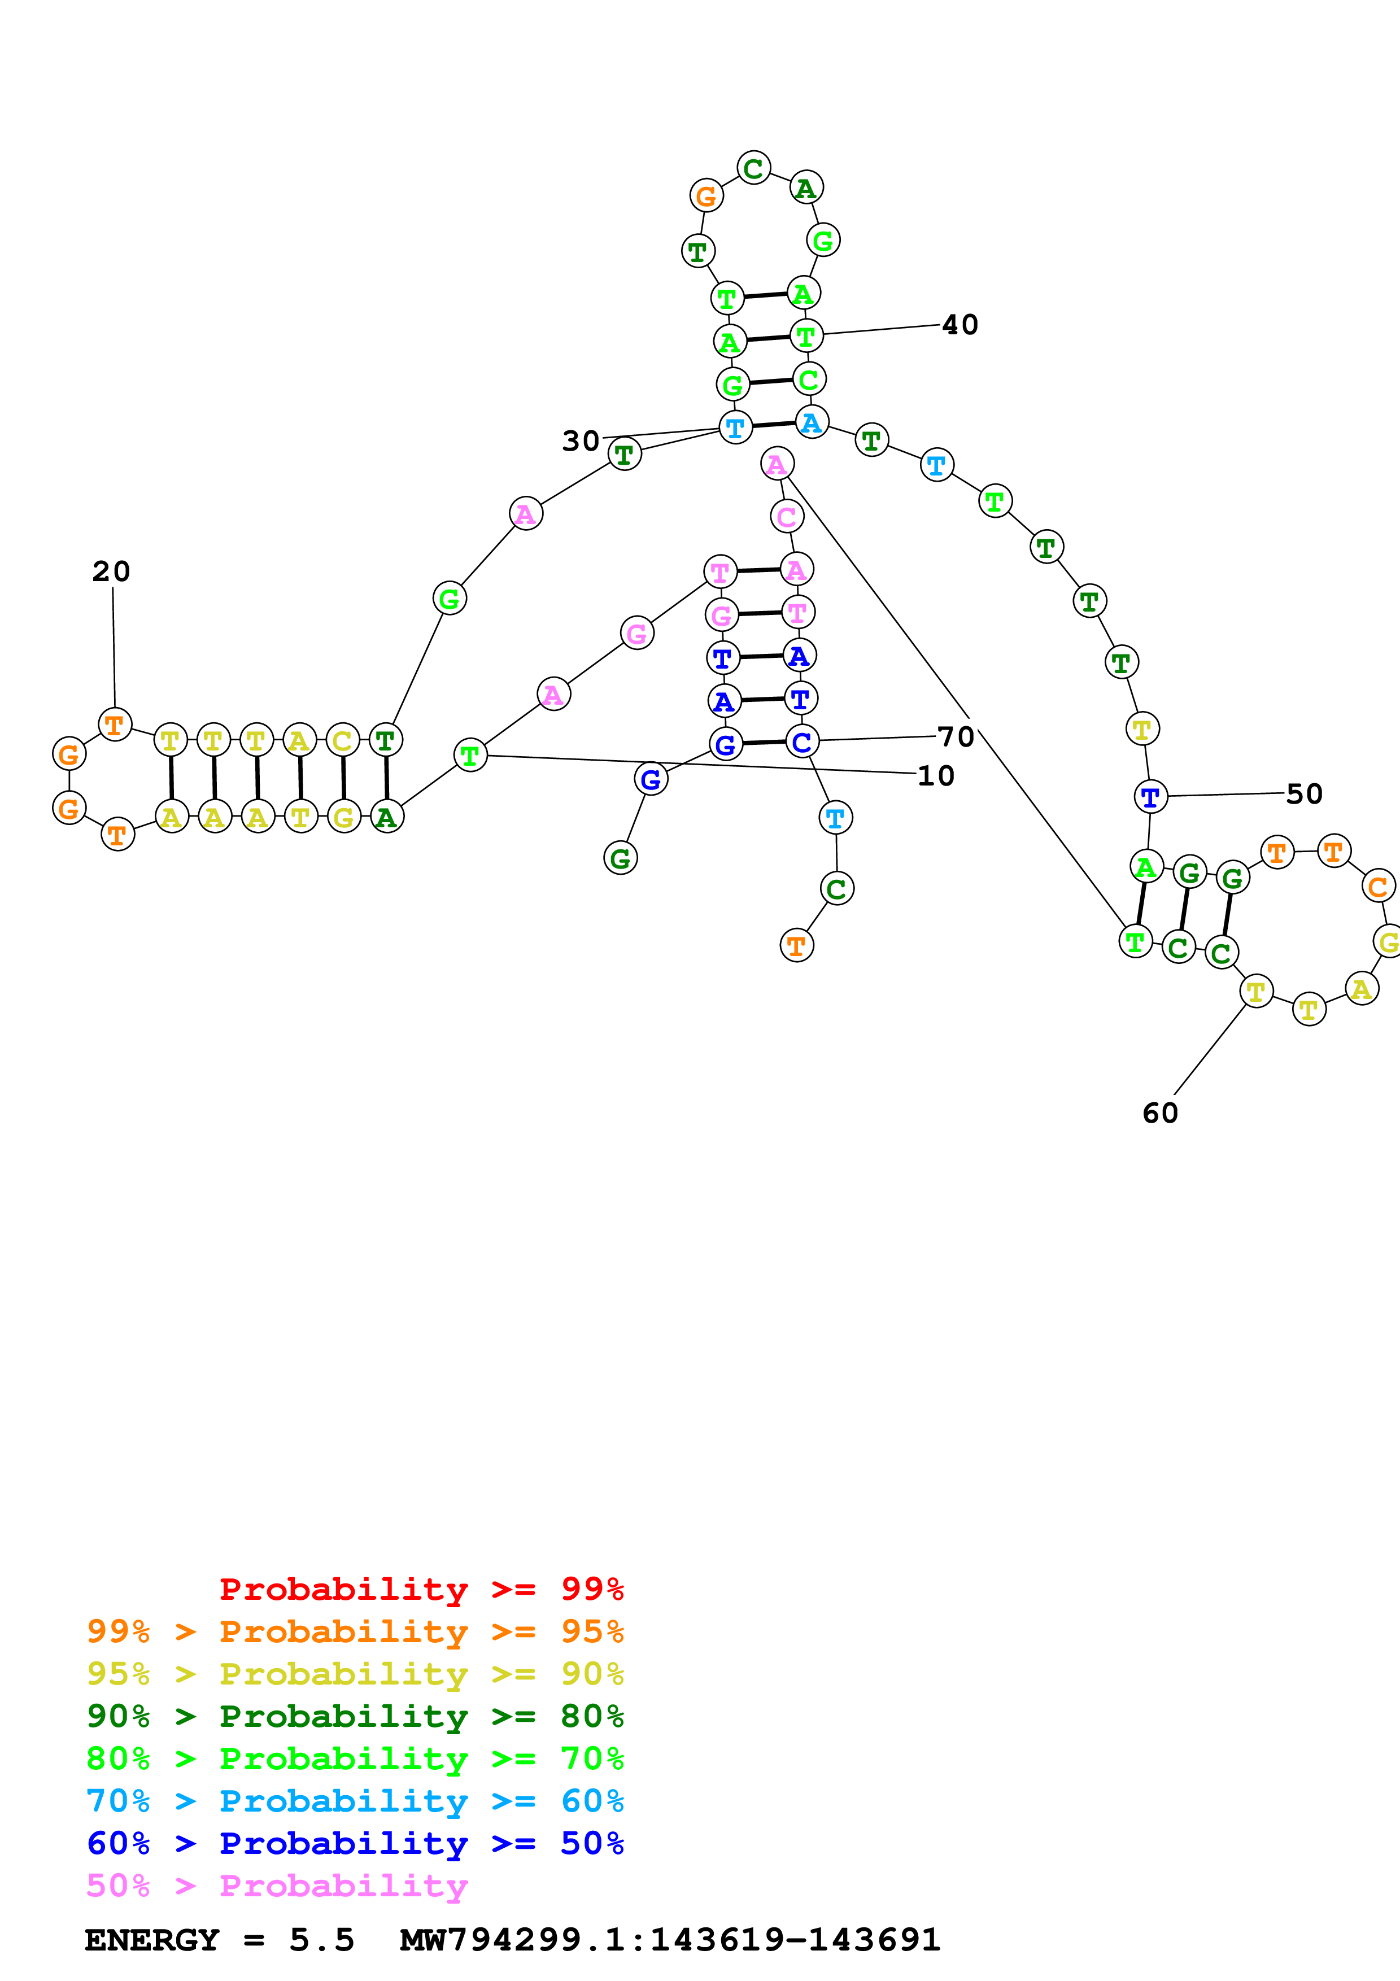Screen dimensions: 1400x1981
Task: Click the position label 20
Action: coord(111,571)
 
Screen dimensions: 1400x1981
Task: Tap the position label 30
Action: coord(581,441)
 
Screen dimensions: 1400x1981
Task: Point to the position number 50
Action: coord(1304,794)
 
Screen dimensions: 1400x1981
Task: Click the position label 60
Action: coord(1160,1113)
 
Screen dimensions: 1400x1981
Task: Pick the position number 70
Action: coord(956,737)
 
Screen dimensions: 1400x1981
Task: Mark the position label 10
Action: coord(936,776)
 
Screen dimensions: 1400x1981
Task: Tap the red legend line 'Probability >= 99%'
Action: coord(421,1589)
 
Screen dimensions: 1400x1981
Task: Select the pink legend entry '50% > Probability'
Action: coord(277,1885)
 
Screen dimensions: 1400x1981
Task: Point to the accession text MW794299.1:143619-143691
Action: coord(669,1940)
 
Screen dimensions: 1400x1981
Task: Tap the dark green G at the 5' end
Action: coord(620,858)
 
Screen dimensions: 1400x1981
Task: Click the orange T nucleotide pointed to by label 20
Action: coord(115,724)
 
